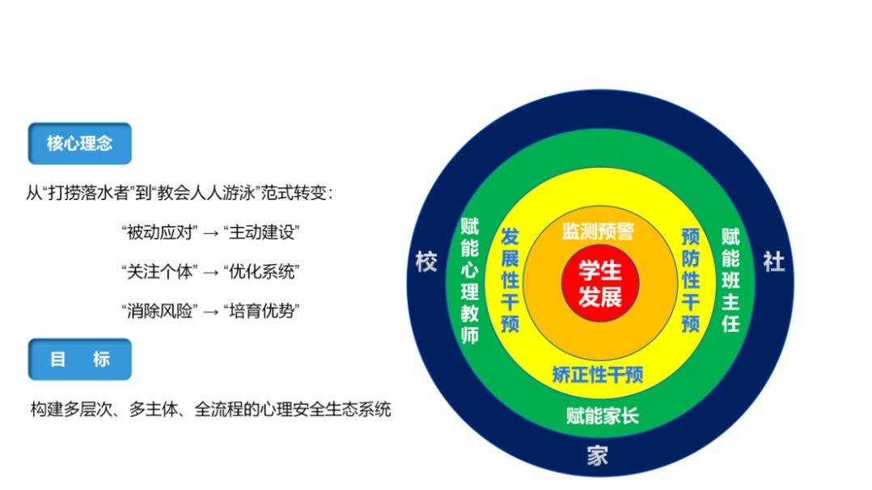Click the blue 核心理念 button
(79, 144)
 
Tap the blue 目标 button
(79, 360)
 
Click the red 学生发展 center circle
(600, 283)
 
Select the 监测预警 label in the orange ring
(598, 232)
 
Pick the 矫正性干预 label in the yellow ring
(598, 375)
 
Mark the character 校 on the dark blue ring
(426, 262)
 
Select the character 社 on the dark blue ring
(773, 262)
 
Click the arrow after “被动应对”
(210, 233)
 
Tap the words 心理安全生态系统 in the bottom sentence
(324, 410)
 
